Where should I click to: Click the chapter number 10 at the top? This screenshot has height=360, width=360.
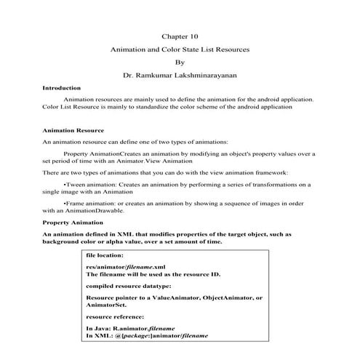click(x=193, y=36)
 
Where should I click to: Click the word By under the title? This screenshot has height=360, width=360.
click(x=180, y=62)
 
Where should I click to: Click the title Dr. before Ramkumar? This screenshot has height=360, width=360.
click(x=130, y=75)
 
